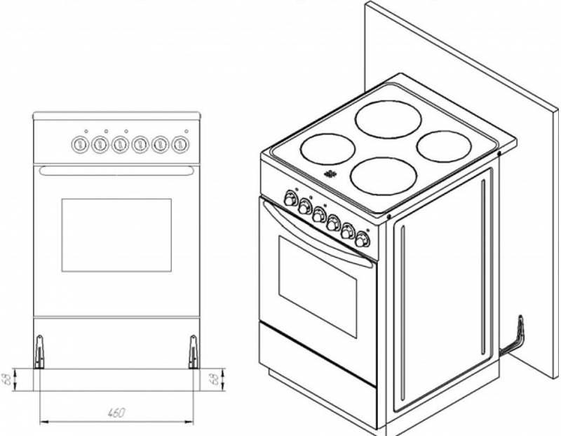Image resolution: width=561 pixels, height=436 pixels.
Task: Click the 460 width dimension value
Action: [116, 413]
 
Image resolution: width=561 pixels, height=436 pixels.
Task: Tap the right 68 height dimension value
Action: [212, 378]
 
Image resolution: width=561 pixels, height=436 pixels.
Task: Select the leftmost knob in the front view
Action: [78, 144]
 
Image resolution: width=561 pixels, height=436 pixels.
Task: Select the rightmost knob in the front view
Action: [180, 144]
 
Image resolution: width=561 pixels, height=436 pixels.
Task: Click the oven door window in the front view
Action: [116, 234]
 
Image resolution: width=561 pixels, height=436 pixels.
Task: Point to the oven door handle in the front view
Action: [116, 171]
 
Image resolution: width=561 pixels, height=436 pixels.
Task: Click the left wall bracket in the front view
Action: [40, 349]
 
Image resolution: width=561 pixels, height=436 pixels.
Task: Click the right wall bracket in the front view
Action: [193, 349]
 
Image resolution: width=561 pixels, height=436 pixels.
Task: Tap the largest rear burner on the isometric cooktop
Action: [385, 117]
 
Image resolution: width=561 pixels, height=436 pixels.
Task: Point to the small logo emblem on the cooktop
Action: [330, 174]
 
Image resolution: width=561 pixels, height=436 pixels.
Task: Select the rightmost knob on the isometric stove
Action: [362, 239]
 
